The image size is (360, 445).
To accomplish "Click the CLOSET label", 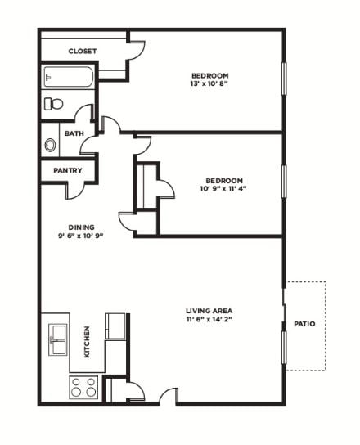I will (x=82, y=51).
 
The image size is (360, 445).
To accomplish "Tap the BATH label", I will (x=74, y=133).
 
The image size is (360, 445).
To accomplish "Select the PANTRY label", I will (x=66, y=170).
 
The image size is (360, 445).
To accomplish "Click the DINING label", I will (x=81, y=227).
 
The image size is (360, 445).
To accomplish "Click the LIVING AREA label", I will (x=209, y=311).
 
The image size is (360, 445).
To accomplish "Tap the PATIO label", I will (x=304, y=324).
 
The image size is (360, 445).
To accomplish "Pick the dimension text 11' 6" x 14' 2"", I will (x=209, y=321).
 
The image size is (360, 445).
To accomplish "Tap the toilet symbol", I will (x=54, y=104).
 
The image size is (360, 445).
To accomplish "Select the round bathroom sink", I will (x=51, y=145).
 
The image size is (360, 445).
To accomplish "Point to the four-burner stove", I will (x=83, y=386).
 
